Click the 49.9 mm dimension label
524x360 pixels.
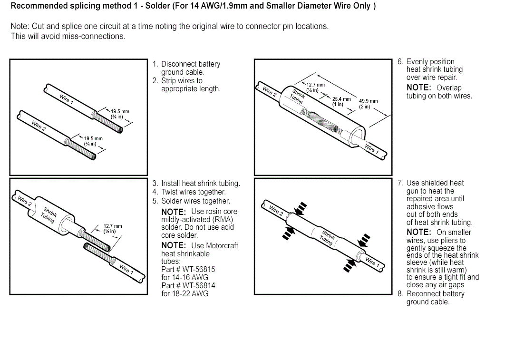click(x=369, y=101)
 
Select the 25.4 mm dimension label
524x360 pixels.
click(x=341, y=99)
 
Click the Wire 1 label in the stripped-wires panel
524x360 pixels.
click(x=67, y=99)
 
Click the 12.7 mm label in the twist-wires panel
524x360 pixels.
click(x=113, y=226)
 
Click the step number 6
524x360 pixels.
click(x=400, y=62)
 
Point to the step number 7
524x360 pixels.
click(x=400, y=183)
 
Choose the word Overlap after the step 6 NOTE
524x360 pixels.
click(x=449, y=88)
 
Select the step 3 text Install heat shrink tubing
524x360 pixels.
click(x=200, y=184)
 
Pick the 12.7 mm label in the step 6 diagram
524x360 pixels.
click(x=315, y=85)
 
